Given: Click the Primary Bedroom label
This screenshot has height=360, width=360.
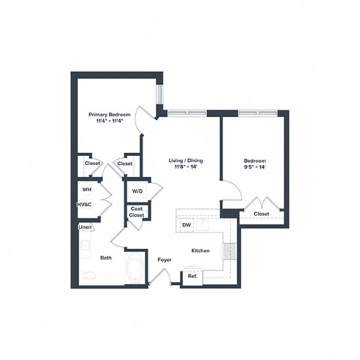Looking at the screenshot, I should pos(109,115).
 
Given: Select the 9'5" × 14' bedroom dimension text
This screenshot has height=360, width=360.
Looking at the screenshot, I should pos(254,167).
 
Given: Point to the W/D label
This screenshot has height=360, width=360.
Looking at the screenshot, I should pos(137,191).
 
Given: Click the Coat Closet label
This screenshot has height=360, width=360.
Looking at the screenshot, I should pos(136,211).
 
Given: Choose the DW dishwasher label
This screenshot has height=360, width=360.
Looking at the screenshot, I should pos(184,223).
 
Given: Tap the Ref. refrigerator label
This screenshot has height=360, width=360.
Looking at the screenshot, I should pos(193,277).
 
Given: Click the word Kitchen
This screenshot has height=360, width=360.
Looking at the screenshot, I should pos(199,250).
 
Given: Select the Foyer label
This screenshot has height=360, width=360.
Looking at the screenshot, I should pos(165,260).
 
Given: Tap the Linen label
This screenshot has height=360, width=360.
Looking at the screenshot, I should pos(85,227).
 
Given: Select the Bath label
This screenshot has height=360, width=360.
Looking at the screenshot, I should pos(106,258).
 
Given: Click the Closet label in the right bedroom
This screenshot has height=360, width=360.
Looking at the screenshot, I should pos(261,214).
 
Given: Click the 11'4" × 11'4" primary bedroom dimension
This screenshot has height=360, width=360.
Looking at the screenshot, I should pos(109,121).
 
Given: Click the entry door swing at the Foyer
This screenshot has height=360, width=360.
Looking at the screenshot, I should pos(159,279).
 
